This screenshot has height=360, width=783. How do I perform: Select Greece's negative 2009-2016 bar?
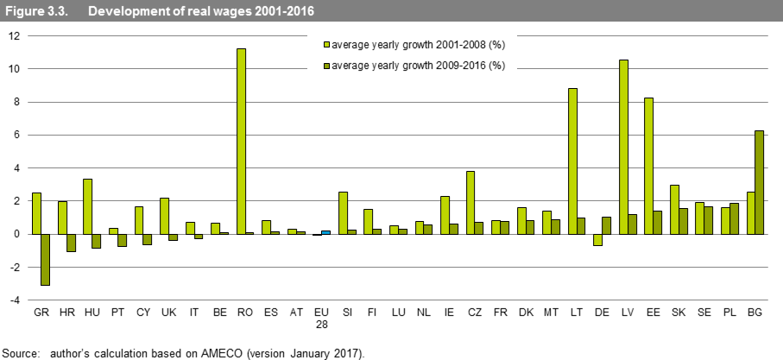click(x=45, y=259)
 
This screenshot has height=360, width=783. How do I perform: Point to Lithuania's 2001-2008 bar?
click(x=572, y=161)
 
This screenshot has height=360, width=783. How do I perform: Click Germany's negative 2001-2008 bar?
click(x=597, y=240)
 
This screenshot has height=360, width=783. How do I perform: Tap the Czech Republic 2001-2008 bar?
click(x=470, y=202)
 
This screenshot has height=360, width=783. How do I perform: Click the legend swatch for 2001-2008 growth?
click(x=326, y=43)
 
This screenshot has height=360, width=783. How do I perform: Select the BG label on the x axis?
click(x=755, y=313)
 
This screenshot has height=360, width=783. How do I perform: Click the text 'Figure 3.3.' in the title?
click(x=32, y=10)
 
